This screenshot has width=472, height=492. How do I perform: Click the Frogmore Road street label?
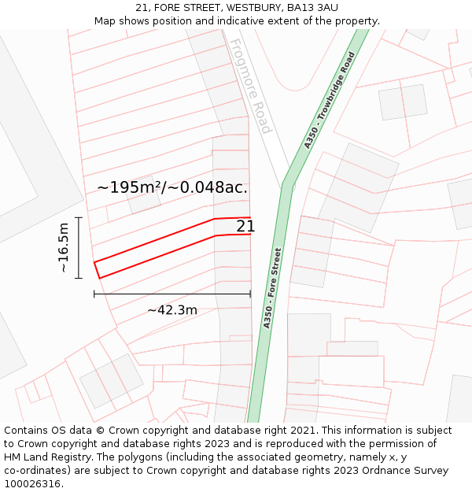(x=251, y=87)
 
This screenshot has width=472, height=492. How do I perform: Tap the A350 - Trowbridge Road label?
(x=330, y=100)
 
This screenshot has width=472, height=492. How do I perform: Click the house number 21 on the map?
(x=245, y=227)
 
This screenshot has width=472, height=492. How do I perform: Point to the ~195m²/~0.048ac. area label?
(x=172, y=187)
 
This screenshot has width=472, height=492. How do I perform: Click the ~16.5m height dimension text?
(x=64, y=247)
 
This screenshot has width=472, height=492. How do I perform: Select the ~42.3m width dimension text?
(x=172, y=310)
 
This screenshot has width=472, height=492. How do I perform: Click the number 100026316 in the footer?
(x=34, y=484)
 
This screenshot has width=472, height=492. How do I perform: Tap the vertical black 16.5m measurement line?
(x=79, y=247)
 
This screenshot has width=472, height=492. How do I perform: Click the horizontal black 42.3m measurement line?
(x=172, y=294)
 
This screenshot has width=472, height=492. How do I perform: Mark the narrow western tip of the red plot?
(x=98, y=269)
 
